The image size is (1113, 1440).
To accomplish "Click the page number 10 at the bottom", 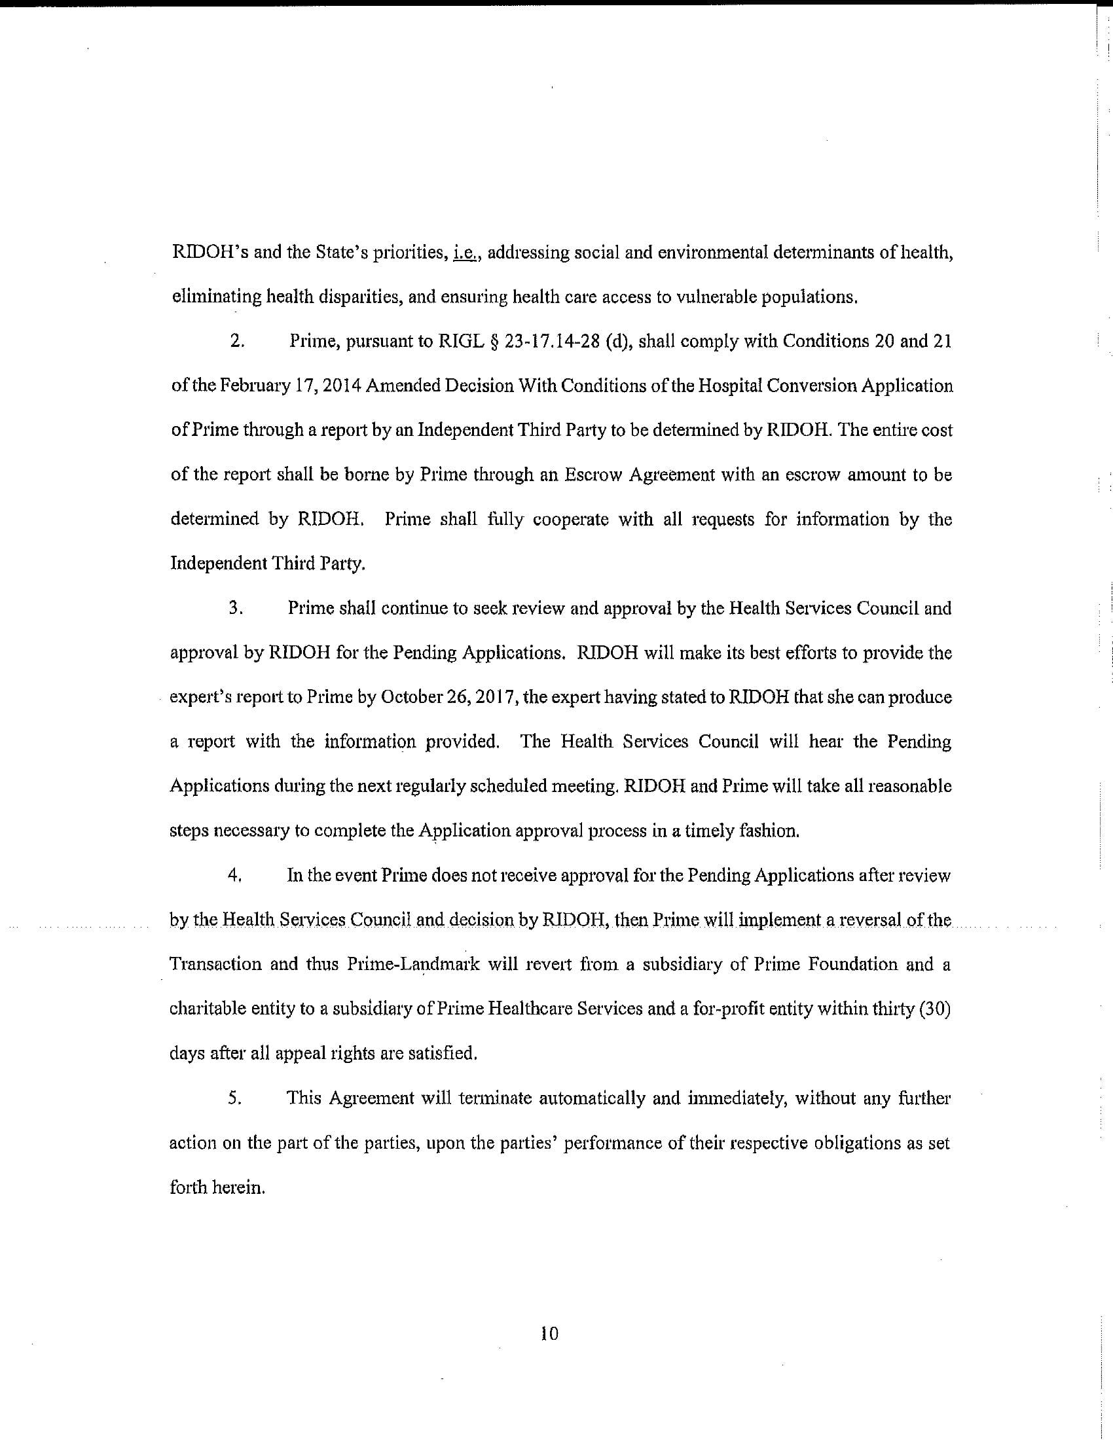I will point(549,1334).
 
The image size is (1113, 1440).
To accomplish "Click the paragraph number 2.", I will point(238,342).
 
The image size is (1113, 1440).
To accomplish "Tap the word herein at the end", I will point(238,1187).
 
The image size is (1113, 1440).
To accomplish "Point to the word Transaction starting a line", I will point(215,965).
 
